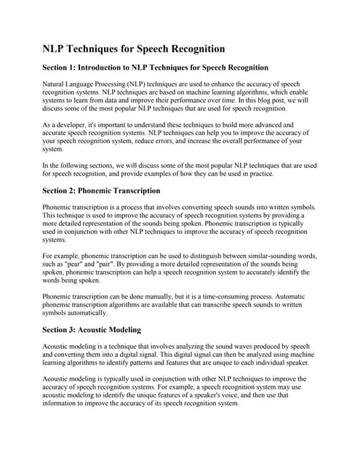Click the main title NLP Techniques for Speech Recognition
pos(133,49)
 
